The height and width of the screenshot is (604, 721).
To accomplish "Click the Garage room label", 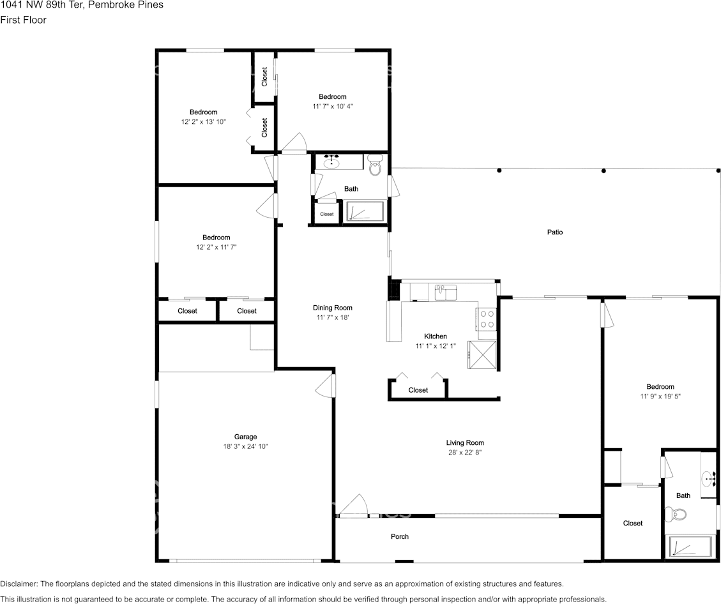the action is point(245,437).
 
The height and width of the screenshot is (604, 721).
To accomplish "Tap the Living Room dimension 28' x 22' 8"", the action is point(465,452).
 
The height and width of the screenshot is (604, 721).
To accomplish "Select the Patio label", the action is point(555,232).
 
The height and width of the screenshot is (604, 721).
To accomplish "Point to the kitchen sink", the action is point(445,292).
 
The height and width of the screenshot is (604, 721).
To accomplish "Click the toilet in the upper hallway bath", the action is point(376,165).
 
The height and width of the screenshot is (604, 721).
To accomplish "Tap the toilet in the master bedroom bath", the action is point(676,513).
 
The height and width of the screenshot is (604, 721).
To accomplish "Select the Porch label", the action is point(400,536).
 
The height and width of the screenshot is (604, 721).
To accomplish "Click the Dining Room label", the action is point(333,308).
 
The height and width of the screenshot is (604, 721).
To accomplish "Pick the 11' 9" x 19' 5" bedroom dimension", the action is point(660,396).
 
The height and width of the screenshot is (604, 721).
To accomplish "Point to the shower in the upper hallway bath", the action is point(364,212).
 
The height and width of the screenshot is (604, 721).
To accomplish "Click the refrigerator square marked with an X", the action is point(482,354).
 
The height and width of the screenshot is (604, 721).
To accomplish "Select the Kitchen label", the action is point(436,336).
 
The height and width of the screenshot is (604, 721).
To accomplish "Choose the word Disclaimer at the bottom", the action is point(19,584).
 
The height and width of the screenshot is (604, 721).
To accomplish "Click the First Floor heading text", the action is point(23,20).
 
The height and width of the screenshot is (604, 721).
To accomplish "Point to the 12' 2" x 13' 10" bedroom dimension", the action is point(204,122).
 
